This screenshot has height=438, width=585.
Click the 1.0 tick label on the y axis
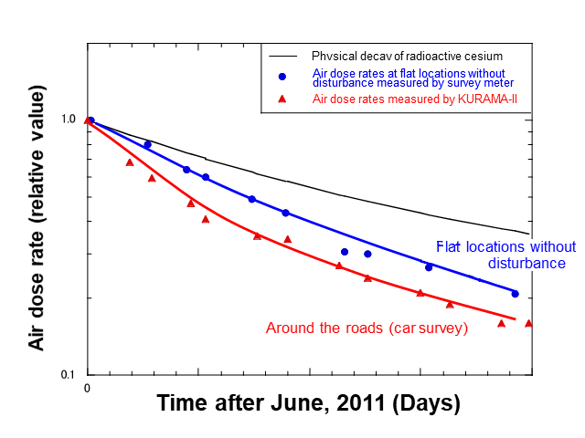click(68, 120)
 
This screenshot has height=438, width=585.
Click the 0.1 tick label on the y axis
click(68, 375)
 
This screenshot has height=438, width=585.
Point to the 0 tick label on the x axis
click(87, 388)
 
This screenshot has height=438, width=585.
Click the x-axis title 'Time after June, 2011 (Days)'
click(308, 403)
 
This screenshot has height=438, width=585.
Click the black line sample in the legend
click(283, 56)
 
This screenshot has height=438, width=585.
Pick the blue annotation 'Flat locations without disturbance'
click(505, 255)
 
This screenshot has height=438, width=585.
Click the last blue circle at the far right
click(515, 294)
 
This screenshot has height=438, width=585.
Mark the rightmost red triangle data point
click(528, 323)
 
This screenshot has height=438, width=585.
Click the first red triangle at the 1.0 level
click(87, 120)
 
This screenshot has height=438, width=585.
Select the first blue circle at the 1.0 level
click(91, 120)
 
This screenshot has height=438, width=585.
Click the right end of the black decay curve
click(529, 234)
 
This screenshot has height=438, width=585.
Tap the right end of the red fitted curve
click(516, 319)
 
